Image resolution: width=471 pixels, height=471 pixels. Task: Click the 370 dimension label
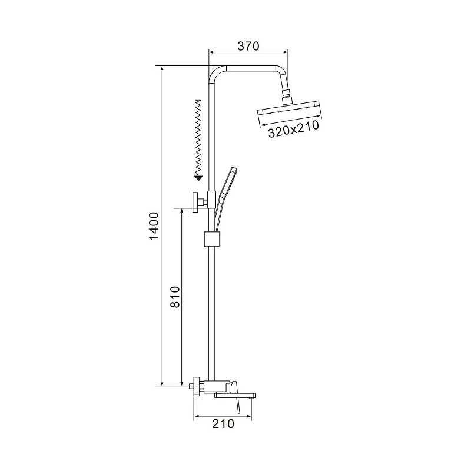(x=248, y=46)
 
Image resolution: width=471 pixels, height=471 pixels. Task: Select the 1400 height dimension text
(x=154, y=226)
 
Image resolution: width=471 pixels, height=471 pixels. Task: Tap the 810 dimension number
(x=175, y=297)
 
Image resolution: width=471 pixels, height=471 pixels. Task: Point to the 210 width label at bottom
(x=223, y=424)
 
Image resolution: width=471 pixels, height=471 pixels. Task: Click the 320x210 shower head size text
(x=293, y=129)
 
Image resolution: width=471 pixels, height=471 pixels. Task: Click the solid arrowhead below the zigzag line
(x=198, y=178)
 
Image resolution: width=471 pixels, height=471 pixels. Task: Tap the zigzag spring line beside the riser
(x=198, y=137)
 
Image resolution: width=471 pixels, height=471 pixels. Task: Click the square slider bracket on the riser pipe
(x=212, y=238)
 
